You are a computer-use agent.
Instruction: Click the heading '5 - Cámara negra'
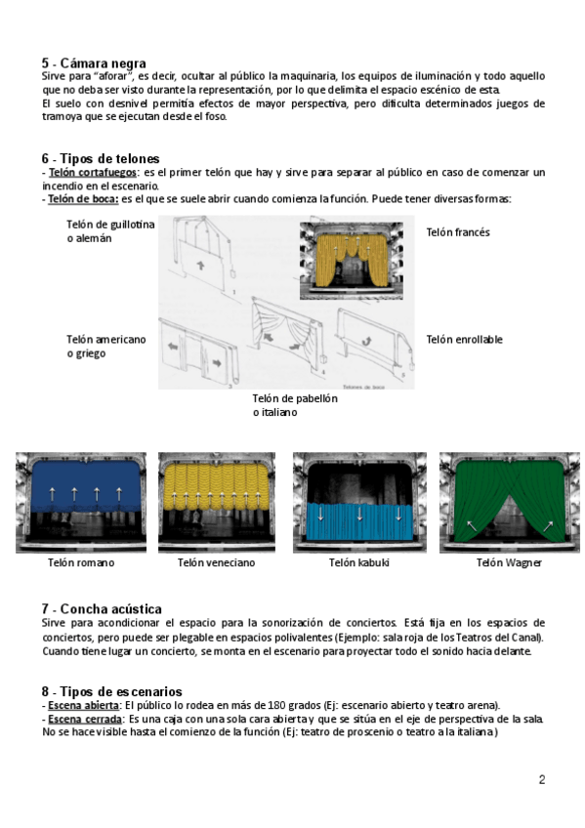(94, 63)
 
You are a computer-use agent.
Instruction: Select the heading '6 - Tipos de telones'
(101, 158)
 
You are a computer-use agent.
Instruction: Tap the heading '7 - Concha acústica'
(102, 609)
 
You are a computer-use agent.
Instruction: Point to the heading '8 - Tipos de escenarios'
(112, 691)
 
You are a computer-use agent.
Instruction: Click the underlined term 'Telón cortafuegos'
(93, 172)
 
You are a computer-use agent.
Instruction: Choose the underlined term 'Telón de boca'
(83, 199)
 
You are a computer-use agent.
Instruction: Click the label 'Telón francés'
(458, 232)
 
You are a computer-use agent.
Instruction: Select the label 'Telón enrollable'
(464, 340)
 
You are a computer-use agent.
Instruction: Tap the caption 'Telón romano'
(81, 563)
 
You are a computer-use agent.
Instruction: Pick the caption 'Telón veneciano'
(216, 563)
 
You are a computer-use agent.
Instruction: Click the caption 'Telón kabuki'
(359, 563)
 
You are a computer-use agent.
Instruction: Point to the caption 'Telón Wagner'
(509, 563)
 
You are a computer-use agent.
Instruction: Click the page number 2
(542, 779)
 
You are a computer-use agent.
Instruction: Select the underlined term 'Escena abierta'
(83, 706)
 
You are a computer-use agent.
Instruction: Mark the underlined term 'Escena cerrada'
(85, 720)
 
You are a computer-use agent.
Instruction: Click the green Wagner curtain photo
(510, 503)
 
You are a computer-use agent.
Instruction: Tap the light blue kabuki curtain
(359, 521)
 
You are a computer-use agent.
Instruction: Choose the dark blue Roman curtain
(86, 487)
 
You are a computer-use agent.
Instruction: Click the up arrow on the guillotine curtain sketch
(200, 265)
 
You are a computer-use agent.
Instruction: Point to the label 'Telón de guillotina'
(110, 225)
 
